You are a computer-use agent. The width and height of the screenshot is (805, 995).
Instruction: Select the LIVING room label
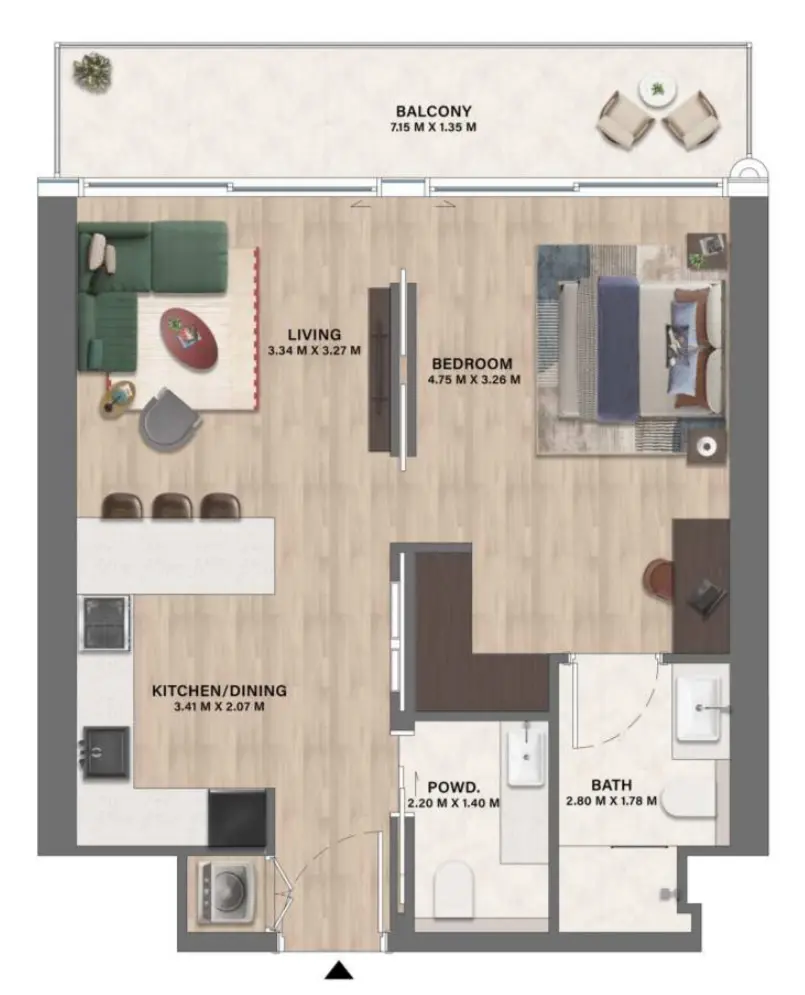point(314,334)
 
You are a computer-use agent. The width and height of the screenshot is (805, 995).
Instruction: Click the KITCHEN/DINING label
point(219,690)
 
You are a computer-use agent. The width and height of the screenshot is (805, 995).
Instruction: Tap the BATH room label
point(608,785)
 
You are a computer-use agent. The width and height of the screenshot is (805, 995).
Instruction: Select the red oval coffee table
point(191,336)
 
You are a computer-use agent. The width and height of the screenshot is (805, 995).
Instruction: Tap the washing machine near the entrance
point(226,890)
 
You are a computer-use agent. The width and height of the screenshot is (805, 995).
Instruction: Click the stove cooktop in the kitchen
point(104,623)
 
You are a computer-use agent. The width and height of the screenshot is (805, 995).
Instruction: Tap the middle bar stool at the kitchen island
point(173,506)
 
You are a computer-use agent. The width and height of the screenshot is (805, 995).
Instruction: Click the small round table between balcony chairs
point(657,91)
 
